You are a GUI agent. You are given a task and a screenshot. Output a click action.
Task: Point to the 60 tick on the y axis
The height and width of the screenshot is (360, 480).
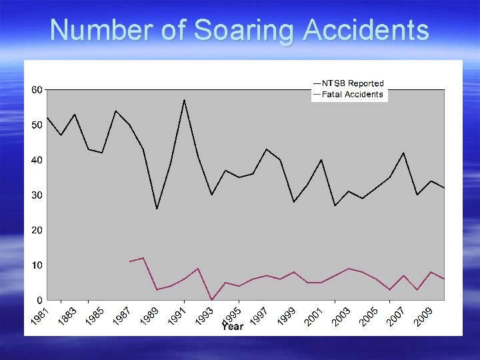(37, 90)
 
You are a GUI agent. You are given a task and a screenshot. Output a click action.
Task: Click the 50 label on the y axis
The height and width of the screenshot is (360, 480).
(37, 125)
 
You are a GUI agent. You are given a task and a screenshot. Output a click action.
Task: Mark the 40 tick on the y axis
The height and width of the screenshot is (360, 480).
(37, 160)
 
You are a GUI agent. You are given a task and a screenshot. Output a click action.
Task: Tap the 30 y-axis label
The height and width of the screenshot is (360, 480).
(37, 195)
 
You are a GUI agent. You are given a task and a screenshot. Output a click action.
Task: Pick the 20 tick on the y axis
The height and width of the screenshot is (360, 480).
(37, 230)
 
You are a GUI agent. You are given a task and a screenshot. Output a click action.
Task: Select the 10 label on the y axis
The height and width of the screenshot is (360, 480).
(37, 265)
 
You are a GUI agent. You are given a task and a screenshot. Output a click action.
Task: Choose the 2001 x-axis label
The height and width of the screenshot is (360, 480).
(315, 317)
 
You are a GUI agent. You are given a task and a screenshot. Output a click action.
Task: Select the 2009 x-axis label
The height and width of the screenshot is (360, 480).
(424, 317)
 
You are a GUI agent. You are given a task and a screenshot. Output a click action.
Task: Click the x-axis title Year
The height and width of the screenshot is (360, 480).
(233, 327)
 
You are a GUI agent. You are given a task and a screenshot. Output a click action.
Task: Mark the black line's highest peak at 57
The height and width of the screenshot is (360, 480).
(184, 100)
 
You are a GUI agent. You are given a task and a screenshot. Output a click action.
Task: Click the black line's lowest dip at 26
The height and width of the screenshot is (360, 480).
(157, 209)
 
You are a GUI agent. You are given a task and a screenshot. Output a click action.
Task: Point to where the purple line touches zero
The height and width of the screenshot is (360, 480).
(211, 300)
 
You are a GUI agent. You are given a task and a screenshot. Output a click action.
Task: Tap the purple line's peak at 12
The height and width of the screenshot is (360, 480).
(143, 258)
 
